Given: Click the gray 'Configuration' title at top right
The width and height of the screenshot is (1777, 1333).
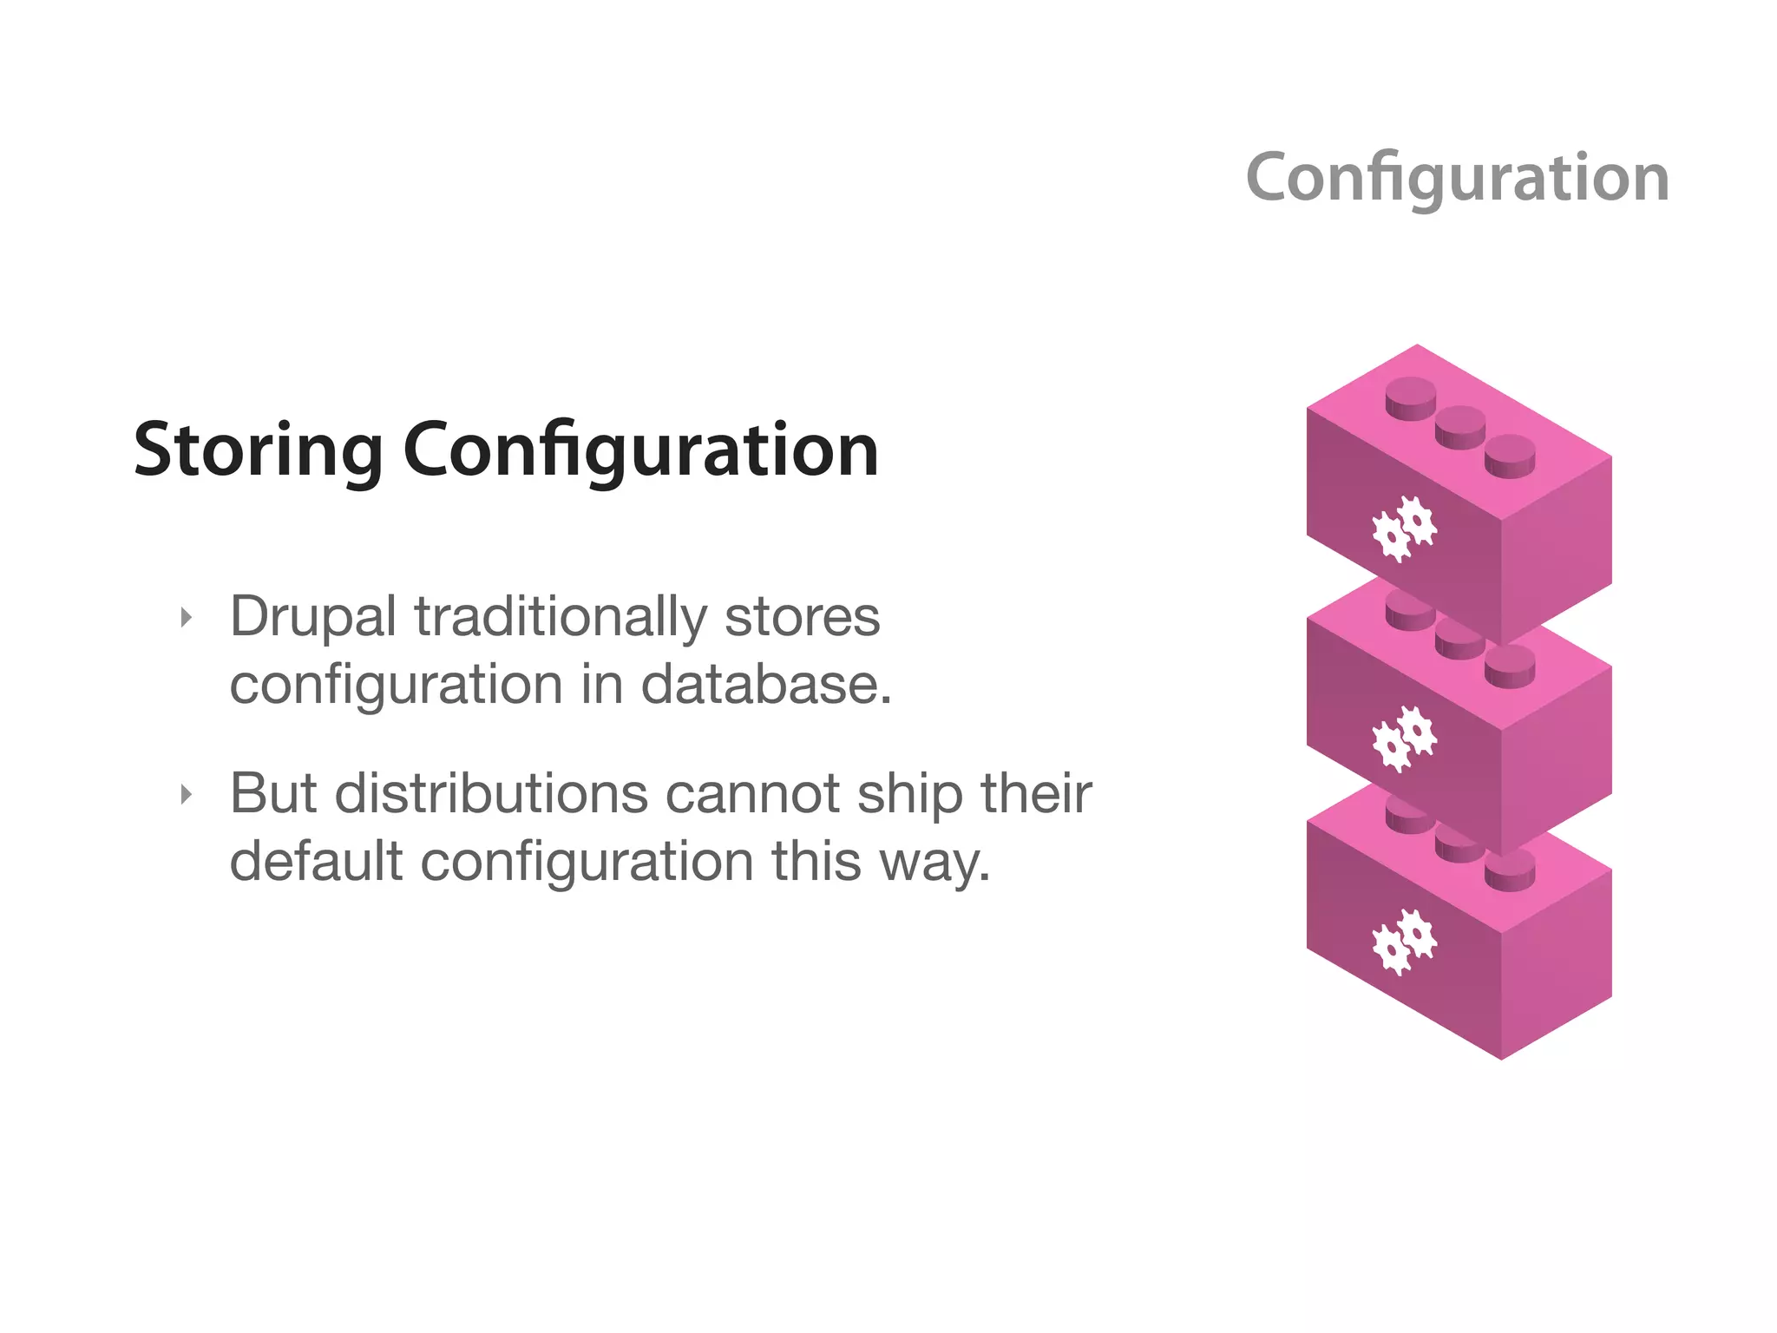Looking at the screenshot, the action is tap(1457, 178).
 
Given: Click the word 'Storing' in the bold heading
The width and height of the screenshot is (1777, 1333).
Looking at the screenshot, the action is tap(258, 451).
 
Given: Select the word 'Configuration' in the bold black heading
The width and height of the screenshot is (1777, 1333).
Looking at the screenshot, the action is tap(641, 451).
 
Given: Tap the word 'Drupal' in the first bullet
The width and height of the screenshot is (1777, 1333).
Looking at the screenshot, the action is tap(313, 618).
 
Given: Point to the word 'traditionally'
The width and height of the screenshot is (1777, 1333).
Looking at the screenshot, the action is tap(561, 618).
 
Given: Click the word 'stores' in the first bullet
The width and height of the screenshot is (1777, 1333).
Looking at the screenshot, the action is tap(802, 618).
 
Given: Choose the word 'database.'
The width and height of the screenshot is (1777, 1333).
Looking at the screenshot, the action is tap(766, 686).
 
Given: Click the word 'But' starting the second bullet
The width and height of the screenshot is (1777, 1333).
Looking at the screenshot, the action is tap(273, 794).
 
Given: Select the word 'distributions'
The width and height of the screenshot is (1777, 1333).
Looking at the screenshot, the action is tap(491, 794).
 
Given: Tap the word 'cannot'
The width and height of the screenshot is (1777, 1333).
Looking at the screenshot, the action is tap(752, 794).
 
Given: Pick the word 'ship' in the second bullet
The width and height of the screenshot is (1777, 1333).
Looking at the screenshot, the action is tap(909, 794).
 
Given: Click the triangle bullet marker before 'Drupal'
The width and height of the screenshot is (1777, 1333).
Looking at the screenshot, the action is tap(186, 618).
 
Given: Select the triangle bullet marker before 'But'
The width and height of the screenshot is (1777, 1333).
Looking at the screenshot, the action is tap(186, 794).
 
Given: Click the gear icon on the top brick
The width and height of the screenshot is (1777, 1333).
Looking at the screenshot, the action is tap(1404, 528).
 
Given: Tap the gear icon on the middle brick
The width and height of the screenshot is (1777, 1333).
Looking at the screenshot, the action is tap(1404, 738).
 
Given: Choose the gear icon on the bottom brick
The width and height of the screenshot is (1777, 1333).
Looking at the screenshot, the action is tap(1404, 942).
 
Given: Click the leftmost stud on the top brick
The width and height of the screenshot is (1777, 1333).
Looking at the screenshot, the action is tap(1411, 398).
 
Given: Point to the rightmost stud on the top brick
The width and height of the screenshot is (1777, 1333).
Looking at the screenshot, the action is tap(1510, 456).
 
